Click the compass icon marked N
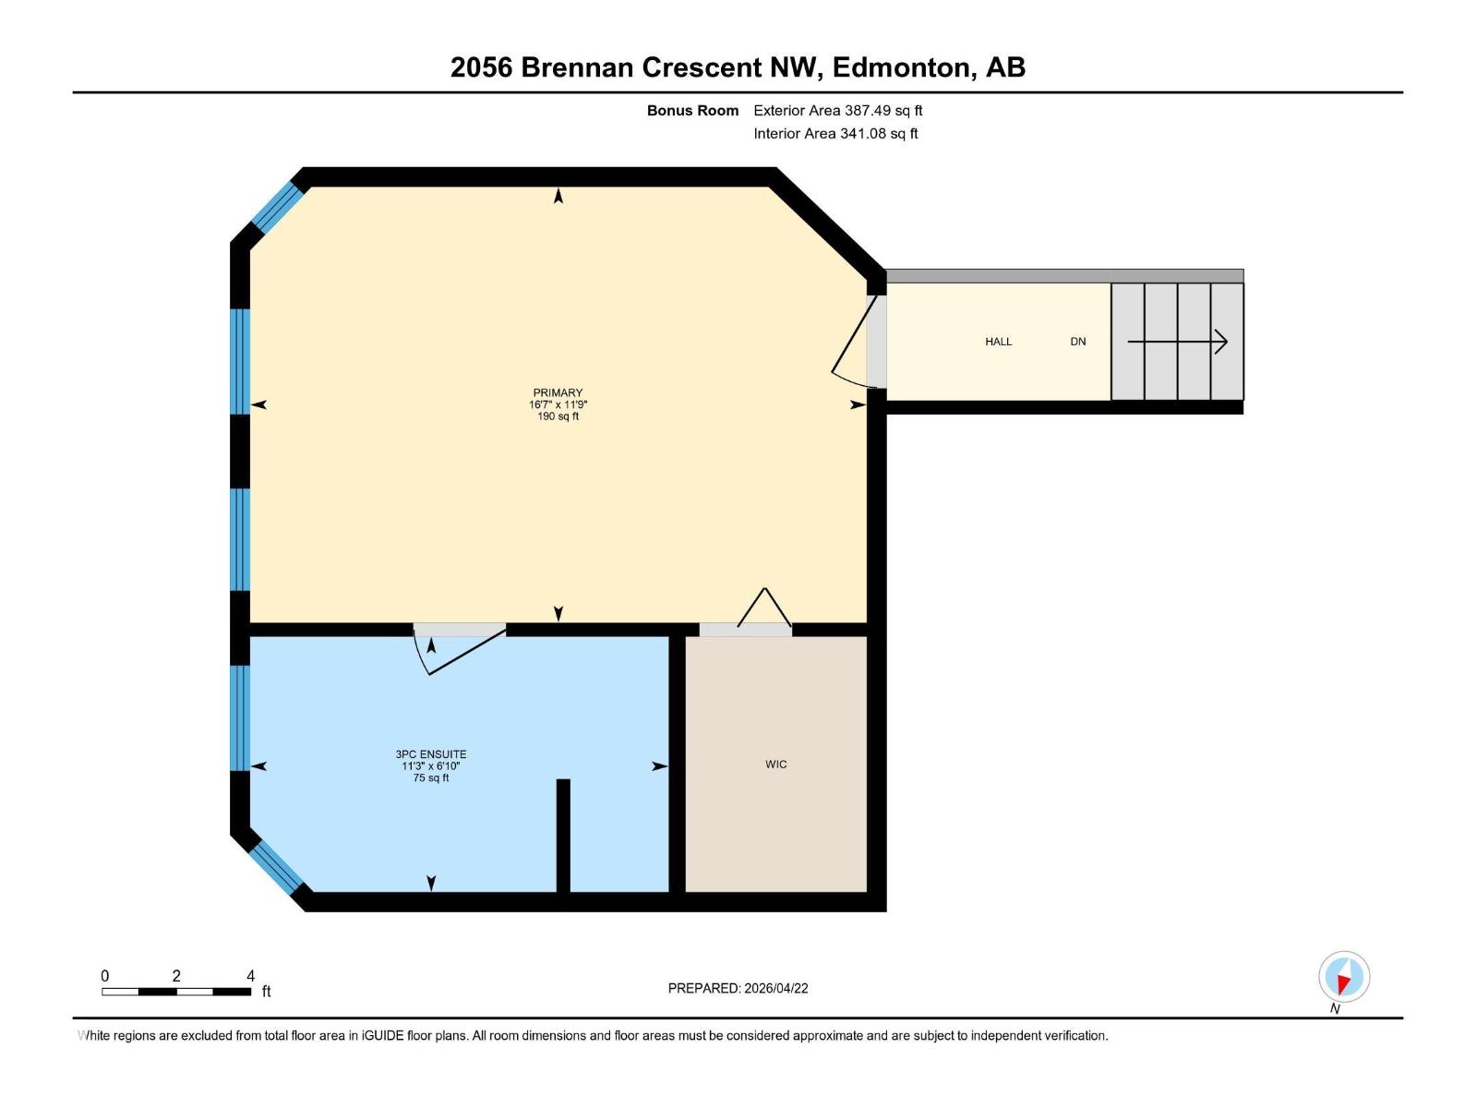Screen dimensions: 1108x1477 pos(1344,977)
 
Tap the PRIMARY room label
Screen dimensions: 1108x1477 pos(558,392)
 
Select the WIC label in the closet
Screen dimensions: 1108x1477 pos(775,765)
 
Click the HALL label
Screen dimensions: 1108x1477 pos(998,342)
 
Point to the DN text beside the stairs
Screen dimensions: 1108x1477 pos(1077,342)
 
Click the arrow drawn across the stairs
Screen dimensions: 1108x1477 pos(1177,343)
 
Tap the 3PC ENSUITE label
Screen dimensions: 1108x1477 pos(431,754)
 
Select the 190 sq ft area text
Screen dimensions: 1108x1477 pos(558,416)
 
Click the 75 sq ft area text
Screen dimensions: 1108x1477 pos(431,778)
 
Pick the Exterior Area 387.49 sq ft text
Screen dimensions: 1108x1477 pos(837,111)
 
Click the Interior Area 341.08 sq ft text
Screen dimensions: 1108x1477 pos(835,134)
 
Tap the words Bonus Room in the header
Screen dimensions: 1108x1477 pos(692,111)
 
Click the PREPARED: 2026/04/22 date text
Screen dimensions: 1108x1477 pos(738,988)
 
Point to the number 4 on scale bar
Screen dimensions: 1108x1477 pos(250,976)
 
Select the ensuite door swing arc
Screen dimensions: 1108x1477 pos(452,653)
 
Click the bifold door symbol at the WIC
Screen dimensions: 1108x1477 pos(764,609)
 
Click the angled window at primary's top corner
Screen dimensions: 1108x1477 pos(278,208)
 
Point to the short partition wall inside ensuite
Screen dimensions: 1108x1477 pos(563,836)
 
